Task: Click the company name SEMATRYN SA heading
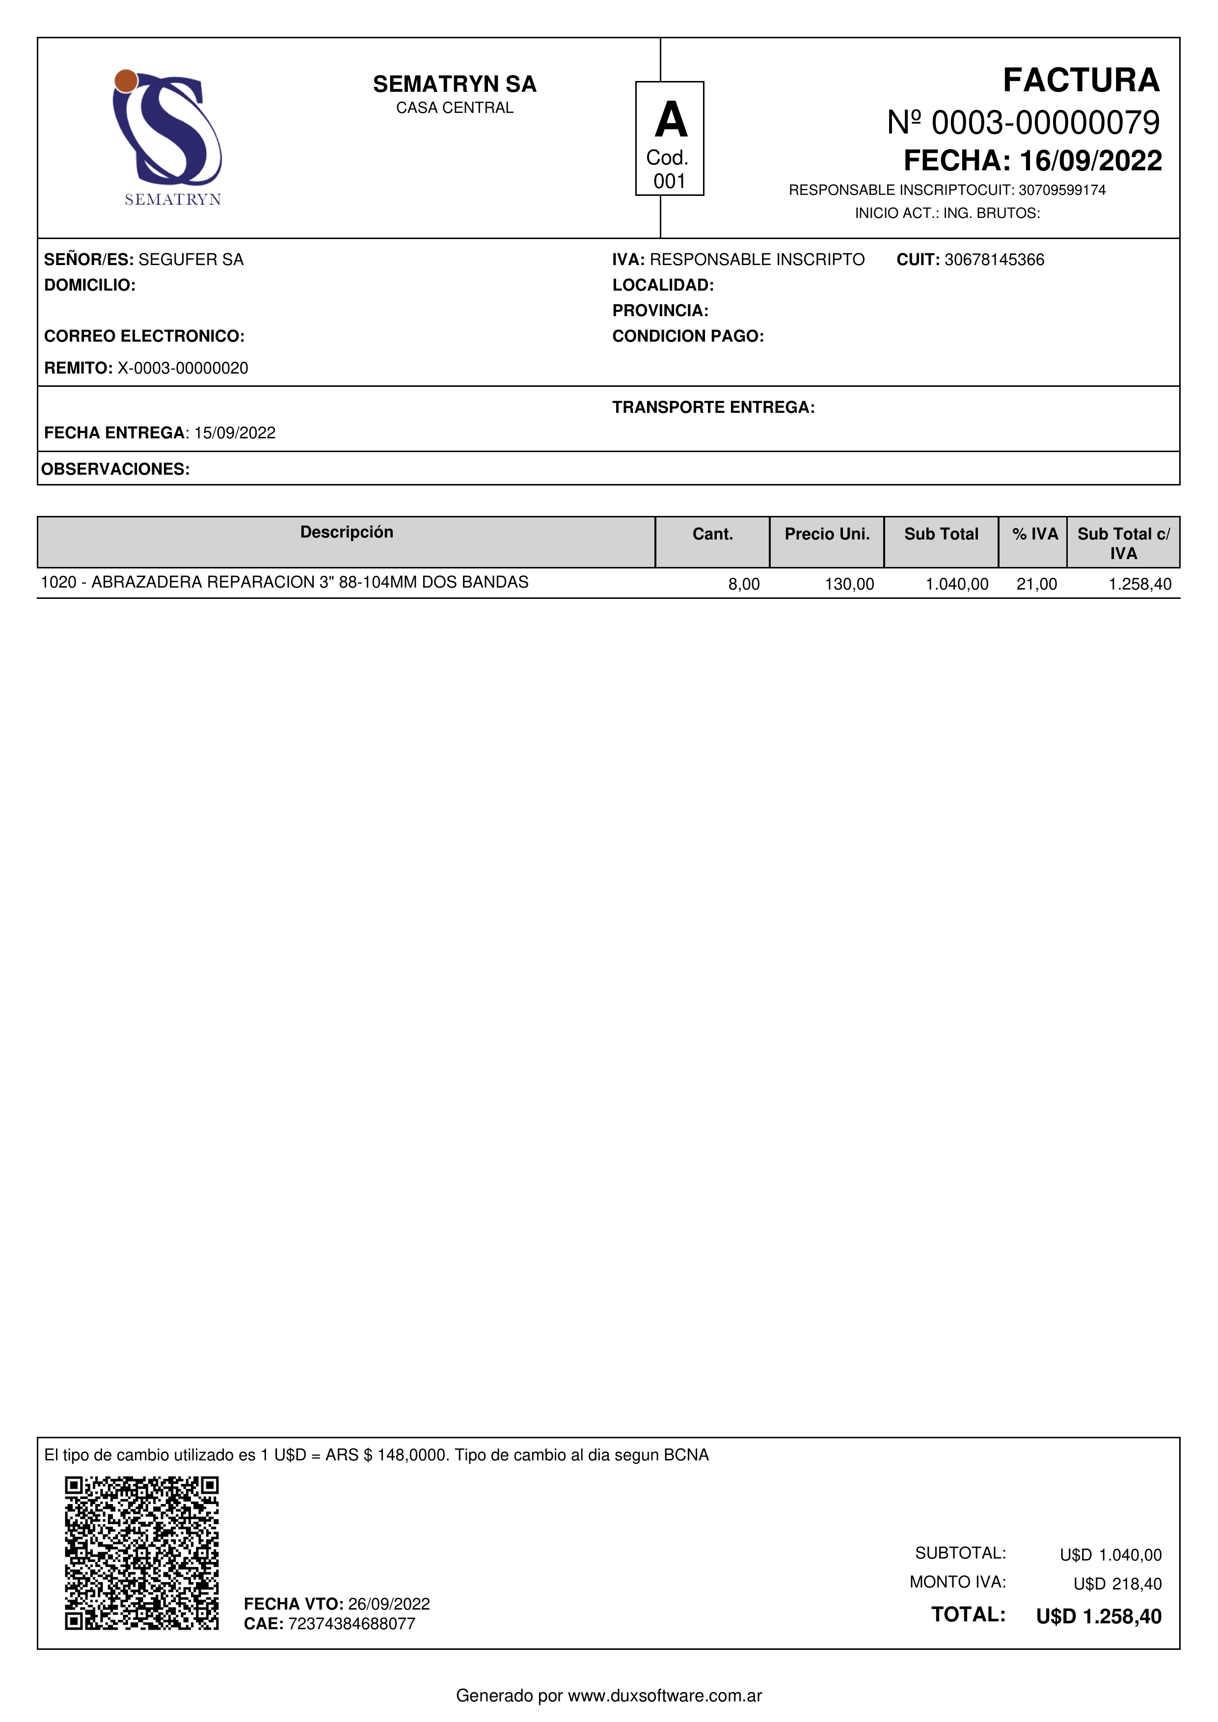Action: (455, 84)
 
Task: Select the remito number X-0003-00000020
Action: (183, 368)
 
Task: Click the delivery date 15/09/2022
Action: (235, 433)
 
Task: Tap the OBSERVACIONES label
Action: (115, 469)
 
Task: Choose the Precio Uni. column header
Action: (827, 534)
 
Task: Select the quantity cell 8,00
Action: (743, 584)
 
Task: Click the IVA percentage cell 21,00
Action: (1036, 584)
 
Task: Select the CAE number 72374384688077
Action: (351, 1624)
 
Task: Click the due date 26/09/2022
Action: (388, 1604)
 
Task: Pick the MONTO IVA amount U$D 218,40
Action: (1117, 1584)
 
